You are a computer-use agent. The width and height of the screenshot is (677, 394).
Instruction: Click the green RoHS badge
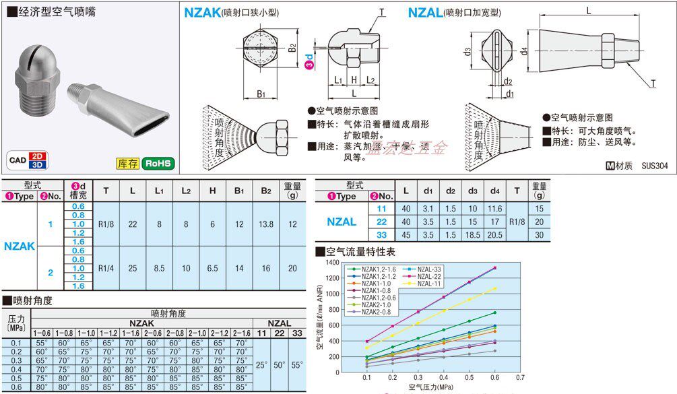pos(159,163)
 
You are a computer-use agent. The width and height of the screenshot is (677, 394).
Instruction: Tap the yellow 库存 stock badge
pos(127,163)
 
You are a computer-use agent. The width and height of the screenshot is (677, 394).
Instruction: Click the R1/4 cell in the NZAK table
pos(106,267)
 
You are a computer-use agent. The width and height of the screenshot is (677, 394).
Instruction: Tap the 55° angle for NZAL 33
pos(297,364)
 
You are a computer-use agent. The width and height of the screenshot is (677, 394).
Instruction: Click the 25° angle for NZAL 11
pos(261,364)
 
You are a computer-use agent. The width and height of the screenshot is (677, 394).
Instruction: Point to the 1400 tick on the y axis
pos(332,261)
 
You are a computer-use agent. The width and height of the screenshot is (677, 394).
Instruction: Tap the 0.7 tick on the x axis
pos(520,379)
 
